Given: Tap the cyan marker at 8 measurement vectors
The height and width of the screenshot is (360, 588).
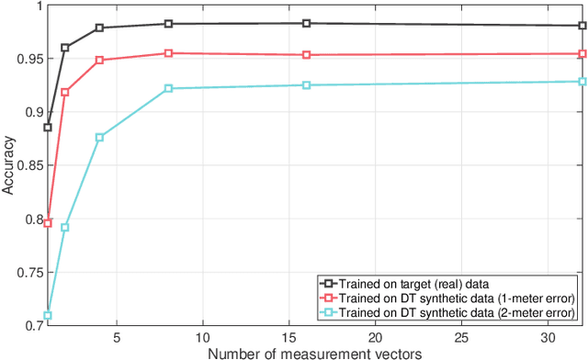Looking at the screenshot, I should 168,88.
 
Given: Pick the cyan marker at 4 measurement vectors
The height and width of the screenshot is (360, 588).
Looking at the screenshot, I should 99,138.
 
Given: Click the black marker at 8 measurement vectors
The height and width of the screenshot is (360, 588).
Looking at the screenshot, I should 168,24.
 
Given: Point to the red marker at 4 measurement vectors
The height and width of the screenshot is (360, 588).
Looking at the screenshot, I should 99,61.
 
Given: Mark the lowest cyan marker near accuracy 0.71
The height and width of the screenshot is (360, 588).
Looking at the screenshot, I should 48,315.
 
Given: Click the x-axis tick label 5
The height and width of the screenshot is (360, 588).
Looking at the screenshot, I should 117,337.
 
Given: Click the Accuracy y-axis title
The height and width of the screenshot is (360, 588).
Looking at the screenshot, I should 8,165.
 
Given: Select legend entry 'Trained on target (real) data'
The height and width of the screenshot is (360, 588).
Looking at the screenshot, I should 413,283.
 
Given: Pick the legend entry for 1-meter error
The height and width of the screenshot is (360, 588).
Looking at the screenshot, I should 449,298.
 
